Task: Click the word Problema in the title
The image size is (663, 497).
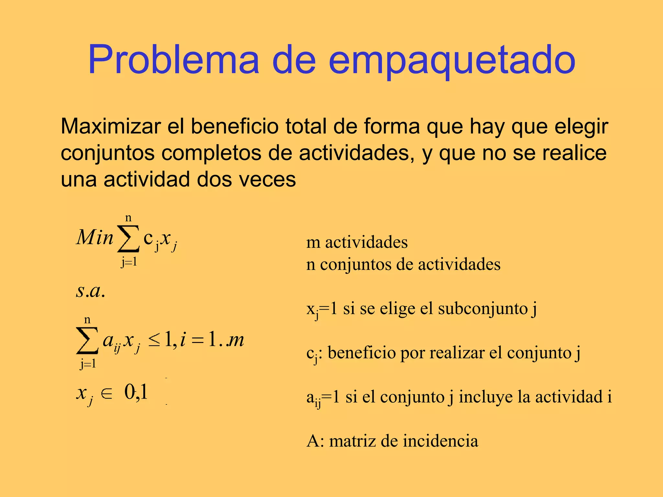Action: pyautogui.click(x=174, y=60)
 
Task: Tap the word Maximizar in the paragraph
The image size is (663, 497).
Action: pyautogui.click(x=110, y=127)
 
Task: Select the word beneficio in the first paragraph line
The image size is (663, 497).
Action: pyautogui.click(x=234, y=126)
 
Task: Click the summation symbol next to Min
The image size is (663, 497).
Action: pyautogui.click(x=129, y=239)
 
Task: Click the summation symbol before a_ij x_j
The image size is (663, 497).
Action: pyautogui.click(x=87, y=341)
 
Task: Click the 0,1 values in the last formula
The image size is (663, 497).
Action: pyautogui.click(x=136, y=392)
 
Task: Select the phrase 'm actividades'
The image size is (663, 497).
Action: pyautogui.click(x=357, y=242)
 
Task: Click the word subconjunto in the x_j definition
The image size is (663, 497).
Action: pyautogui.click(x=483, y=308)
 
